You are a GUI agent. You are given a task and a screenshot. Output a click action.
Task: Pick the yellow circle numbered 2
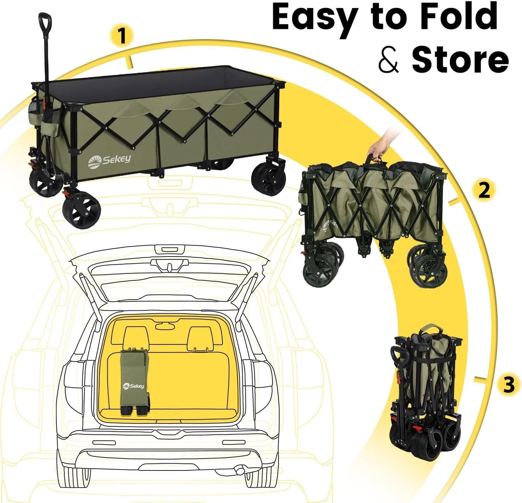pyautogui.click(x=484, y=190)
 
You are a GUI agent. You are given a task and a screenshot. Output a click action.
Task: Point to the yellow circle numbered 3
pyautogui.click(x=509, y=384)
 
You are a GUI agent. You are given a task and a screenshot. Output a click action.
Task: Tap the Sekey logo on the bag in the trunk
pyautogui.click(x=133, y=386)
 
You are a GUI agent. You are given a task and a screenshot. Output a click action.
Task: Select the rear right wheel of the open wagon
pyautogui.click(x=269, y=179)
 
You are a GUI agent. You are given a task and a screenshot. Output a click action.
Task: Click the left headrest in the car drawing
pyautogui.click(x=134, y=338)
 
